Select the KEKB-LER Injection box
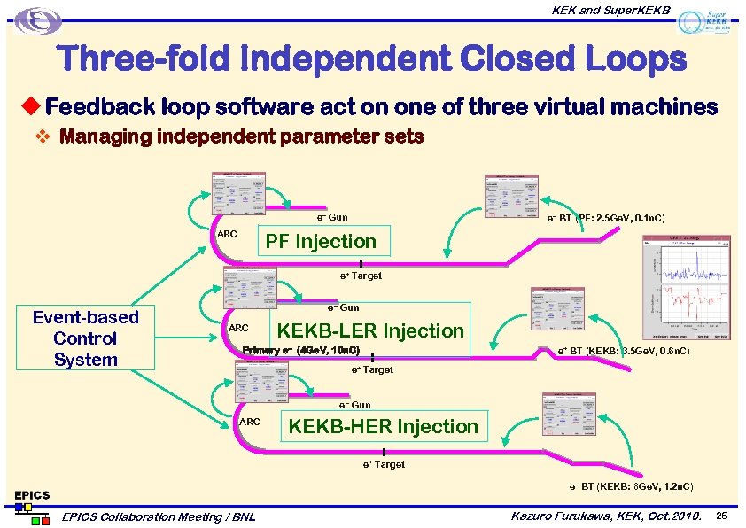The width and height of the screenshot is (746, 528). point(369,330)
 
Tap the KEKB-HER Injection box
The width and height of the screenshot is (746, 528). point(383,426)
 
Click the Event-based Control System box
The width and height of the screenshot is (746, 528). point(85,338)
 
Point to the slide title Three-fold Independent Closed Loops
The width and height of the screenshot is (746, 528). point(372,59)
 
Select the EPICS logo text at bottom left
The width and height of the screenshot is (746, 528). point(31,494)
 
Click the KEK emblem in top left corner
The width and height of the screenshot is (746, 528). point(41,20)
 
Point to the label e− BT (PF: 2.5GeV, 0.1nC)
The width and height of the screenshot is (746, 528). point(606,218)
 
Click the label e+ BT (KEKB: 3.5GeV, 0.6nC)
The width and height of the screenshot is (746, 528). point(624,352)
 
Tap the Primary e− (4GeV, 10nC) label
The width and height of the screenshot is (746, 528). point(300,350)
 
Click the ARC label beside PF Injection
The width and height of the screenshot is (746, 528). point(227,234)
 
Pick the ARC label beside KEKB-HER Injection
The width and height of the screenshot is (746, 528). point(250,422)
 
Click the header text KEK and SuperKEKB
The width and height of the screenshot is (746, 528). point(611,10)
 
